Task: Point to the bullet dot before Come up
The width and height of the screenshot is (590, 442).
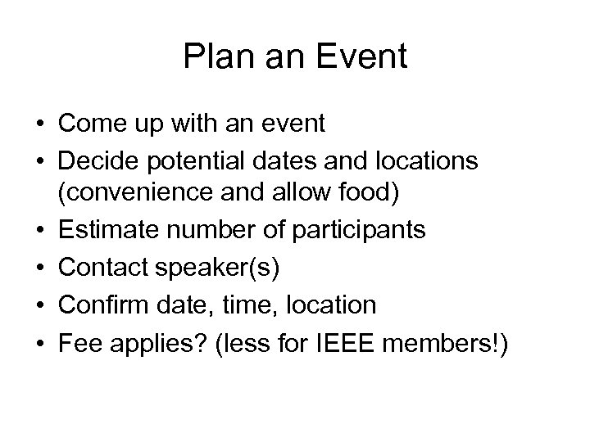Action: [39, 125]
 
